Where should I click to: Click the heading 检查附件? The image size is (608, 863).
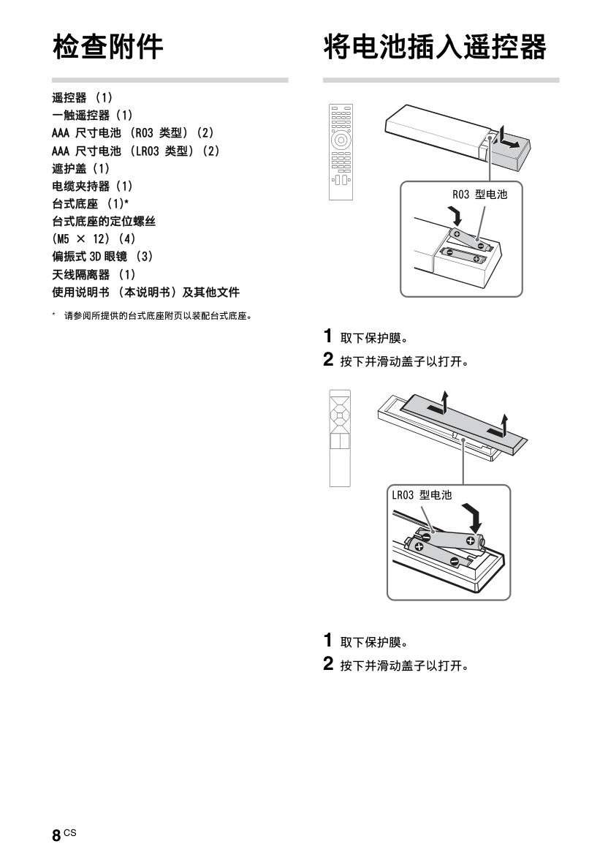(107, 46)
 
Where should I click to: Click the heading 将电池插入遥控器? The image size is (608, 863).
(435, 46)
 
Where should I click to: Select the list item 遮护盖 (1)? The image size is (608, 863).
(81, 168)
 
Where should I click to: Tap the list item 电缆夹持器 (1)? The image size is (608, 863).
(92, 186)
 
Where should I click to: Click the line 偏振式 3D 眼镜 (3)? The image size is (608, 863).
(103, 257)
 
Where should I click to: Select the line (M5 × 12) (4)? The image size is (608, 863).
(94, 239)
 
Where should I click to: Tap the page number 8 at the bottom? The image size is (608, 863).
(56, 835)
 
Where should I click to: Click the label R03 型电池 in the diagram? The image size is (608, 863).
(480, 195)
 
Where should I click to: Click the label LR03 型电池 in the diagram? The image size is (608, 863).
(422, 495)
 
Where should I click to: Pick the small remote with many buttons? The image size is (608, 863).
(341, 152)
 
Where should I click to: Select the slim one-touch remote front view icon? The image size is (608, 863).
(340, 438)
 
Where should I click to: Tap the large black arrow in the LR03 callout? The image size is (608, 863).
(471, 517)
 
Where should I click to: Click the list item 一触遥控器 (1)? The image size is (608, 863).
(92, 116)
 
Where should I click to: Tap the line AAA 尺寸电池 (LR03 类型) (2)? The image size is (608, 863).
(136, 151)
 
